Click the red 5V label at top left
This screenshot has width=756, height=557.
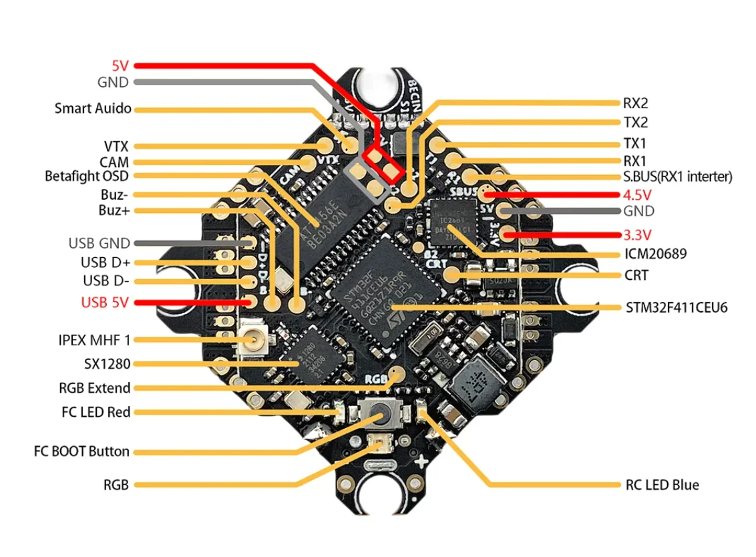point(120,66)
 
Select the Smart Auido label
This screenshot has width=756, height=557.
point(93,108)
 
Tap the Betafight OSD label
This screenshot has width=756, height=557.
point(86,177)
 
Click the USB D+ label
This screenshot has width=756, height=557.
point(106,262)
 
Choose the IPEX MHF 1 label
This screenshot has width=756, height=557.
point(94,340)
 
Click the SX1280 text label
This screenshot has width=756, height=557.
point(103,364)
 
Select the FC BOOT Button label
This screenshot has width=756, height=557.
point(81,451)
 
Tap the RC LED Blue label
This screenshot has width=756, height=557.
point(662,485)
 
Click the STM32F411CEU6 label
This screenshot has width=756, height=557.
point(676,308)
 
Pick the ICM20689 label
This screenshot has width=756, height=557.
point(655,254)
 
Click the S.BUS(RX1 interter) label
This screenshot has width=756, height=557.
point(677,177)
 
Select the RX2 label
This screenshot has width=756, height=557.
point(635,104)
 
